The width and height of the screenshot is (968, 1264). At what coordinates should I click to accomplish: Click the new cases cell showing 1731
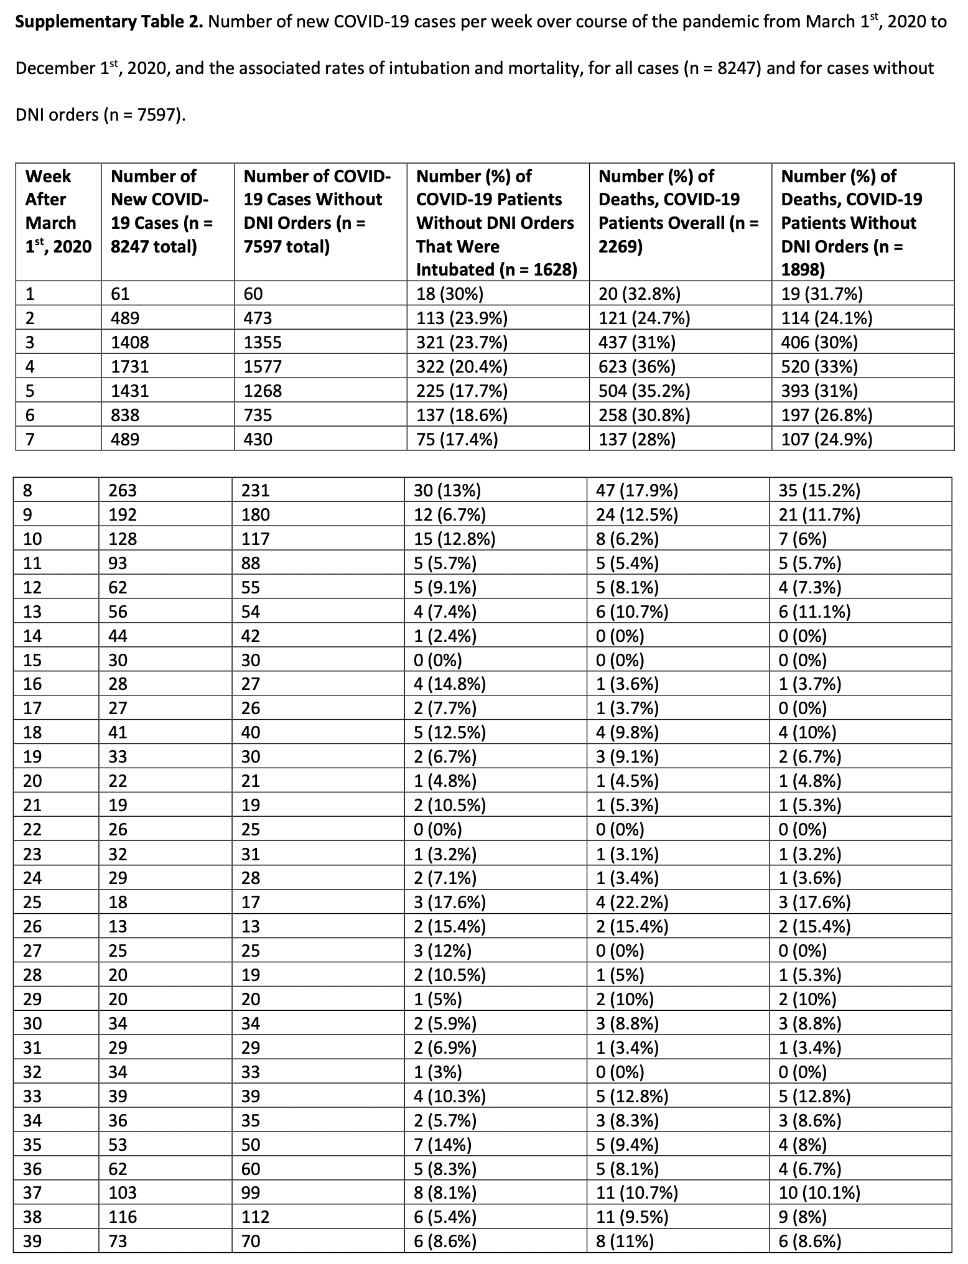coord(130,366)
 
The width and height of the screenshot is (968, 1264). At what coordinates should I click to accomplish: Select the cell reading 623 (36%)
coord(636,366)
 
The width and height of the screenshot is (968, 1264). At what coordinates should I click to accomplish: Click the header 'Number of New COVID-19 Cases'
coord(162,211)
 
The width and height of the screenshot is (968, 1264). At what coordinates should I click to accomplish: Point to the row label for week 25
coord(32,902)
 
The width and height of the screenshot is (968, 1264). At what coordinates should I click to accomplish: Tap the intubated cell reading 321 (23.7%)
coord(462,342)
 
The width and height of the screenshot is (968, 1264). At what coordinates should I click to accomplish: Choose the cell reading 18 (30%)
coord(450,294)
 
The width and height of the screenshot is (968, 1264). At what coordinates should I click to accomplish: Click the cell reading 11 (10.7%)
coord(637,1192)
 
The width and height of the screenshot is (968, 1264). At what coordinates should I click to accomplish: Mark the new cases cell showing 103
coord(123,1192)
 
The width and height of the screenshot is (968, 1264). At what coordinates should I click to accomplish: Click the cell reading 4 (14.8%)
coord(450,684)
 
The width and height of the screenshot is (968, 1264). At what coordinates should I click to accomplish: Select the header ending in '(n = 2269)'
coord(678,211)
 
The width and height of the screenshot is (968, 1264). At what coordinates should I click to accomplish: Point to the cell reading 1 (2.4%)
coord(445,636)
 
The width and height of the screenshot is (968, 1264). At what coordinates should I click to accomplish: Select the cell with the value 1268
coord(263,391)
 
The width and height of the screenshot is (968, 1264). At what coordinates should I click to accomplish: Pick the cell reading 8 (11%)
coord(625,1241)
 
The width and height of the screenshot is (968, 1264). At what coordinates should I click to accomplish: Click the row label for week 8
coord(28,490)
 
